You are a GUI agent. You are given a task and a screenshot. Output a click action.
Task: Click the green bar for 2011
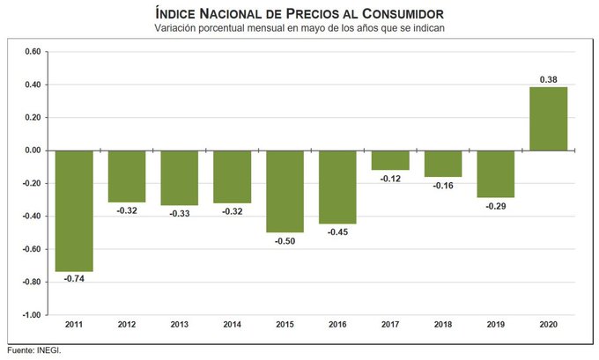point(74,210)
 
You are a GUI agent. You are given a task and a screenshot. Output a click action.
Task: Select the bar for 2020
point(548,119)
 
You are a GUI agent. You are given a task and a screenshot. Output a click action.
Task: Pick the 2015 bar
point(285,191)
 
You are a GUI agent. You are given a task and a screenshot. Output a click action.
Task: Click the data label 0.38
point(548,79)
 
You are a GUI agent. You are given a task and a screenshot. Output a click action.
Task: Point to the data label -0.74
point(74,279)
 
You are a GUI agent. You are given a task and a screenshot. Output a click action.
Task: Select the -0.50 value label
point(285,240)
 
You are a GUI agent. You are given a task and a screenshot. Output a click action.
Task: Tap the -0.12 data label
point(390,179)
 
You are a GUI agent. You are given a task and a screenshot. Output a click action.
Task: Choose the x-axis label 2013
point(180,325)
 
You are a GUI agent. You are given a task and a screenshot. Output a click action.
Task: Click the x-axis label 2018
point(443,325)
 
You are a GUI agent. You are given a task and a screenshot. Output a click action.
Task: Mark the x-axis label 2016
point(337,325)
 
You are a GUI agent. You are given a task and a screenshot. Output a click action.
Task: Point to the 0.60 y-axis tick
point(32,52)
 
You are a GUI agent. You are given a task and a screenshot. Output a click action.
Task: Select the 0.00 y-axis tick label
point(32,151)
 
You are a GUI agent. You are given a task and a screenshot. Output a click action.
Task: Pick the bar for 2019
point(495,174)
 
